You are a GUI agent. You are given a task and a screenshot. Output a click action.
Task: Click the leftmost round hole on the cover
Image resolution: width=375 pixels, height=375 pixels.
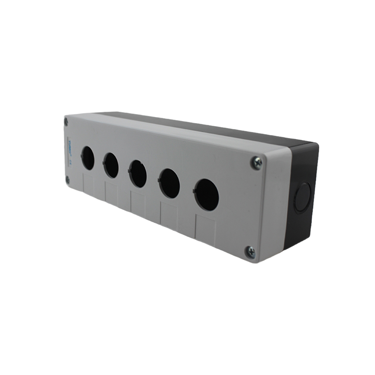(x=88, y=158)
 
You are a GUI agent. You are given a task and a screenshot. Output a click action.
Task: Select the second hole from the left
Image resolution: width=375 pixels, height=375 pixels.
(x=111, y=165)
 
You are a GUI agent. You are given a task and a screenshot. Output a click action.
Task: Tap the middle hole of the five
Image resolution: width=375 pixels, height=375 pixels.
(x=138, y=173)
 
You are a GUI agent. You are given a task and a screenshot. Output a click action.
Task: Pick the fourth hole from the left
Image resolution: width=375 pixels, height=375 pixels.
(x=169, y=183)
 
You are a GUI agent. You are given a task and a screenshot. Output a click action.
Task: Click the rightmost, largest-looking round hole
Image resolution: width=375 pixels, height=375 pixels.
(x=206, y=194)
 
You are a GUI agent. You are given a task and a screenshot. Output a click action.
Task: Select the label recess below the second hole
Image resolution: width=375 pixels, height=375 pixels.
(x=112, y=193)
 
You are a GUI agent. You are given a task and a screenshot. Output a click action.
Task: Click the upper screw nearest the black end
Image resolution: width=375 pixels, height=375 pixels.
(x=256, y=163)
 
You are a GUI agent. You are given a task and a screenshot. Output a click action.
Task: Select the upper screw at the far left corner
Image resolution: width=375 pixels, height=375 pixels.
(x=66, y=121)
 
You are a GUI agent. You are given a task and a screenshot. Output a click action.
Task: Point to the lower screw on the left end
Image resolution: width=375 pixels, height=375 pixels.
(x=67, y=179)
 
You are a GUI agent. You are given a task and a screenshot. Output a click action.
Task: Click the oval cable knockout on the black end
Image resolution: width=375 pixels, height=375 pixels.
(x=302, y=197)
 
